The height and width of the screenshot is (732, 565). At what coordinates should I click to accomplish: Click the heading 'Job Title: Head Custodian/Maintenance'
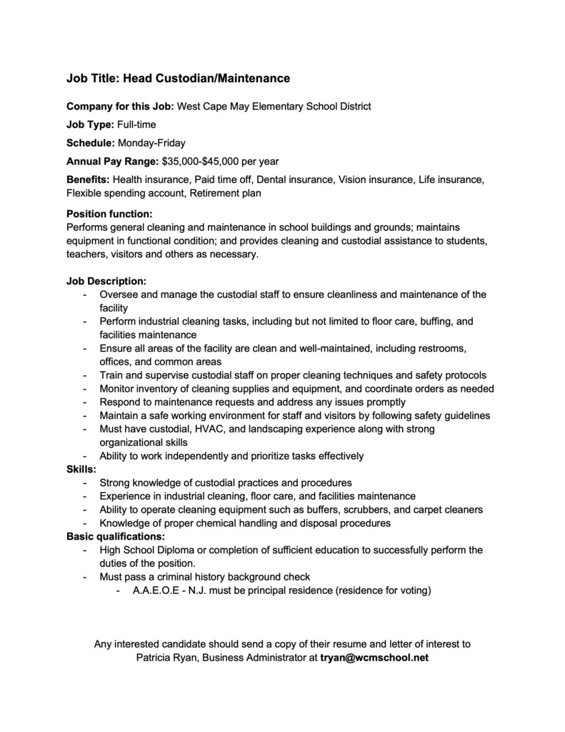pos(178,77)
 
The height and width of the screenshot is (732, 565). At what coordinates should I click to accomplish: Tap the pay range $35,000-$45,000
pos(203,161)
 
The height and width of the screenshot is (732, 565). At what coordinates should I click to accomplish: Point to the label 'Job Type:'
pos(90,124)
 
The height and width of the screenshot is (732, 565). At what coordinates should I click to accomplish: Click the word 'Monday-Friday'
pos(151,143)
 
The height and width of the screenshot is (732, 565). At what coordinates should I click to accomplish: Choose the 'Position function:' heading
pos(109,214)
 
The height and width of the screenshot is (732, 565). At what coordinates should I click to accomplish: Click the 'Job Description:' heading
pos(106,281)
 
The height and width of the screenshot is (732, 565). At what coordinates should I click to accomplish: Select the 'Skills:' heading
pos(81,469)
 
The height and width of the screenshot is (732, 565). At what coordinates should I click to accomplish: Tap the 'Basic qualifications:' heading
pos(116,536)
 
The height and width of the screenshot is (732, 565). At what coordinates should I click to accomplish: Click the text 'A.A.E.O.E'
pos(156,590)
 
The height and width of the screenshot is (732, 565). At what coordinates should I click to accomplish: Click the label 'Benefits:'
pos(88,179)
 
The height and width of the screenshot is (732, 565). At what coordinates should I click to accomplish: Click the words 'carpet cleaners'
pos(447,510)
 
